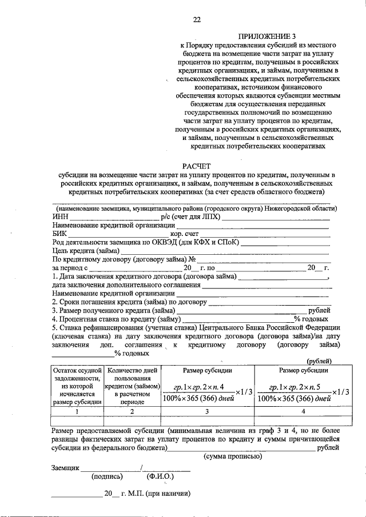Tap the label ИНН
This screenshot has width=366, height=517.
point(60,217)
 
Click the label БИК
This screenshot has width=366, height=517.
point(59,233)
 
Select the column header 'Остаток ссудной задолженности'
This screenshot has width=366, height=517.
point(77,386)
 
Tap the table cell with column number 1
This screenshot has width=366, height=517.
point(77,411)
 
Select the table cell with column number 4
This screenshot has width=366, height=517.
point(303,411)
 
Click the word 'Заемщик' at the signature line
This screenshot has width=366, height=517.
point(65,467)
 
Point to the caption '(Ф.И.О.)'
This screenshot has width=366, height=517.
point(161,476)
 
